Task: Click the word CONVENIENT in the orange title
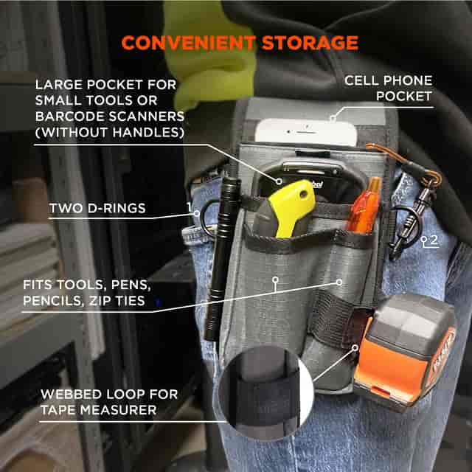tap(189, 43)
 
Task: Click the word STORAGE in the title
tap(310, 43)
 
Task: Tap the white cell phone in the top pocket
tap(306, 132)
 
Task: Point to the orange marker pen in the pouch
tap(364, 205)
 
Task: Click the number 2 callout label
tap(434, 240)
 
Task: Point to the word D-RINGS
tap(117, 208)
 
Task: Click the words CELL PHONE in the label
tap(389, 80)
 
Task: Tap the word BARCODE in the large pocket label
tap(70, 117)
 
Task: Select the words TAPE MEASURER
tap(99, 410)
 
